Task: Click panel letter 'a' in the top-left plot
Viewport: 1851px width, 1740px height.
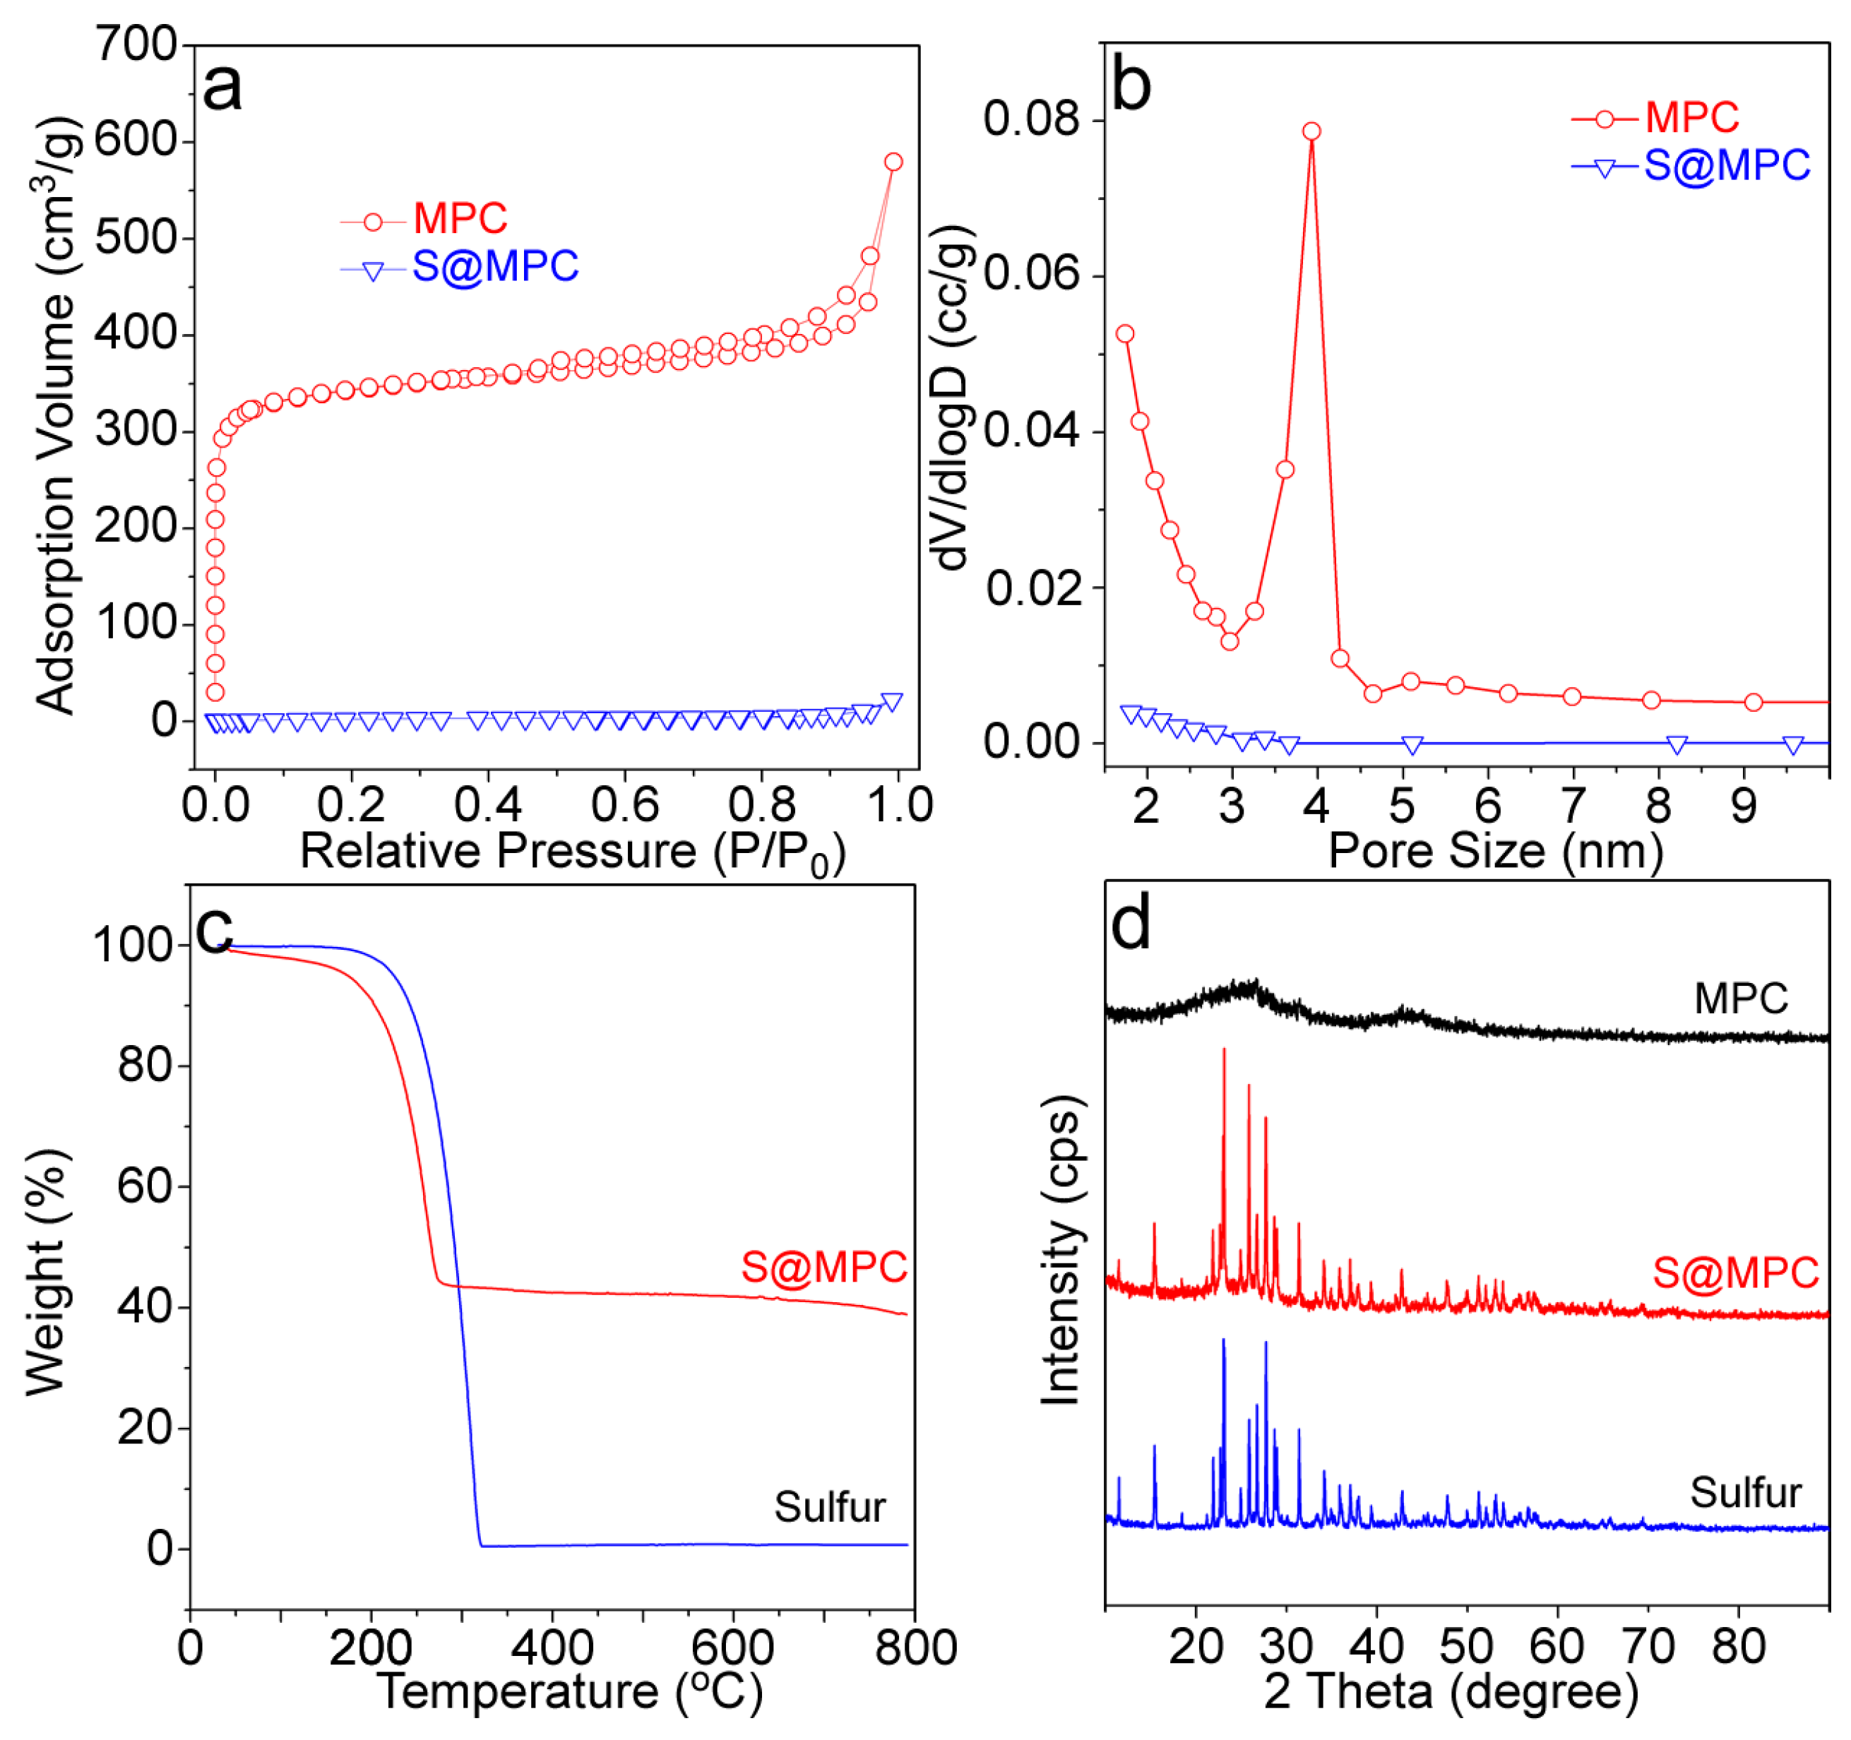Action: (x=222, y=88)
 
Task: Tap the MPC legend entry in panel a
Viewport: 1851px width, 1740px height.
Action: (x=460, y=220)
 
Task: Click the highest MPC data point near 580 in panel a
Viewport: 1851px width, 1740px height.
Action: (x=893, y=162)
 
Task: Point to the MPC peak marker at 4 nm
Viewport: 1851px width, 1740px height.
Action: (x=1312, y=131)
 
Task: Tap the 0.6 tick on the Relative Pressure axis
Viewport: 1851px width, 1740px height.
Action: (x=625, y=805)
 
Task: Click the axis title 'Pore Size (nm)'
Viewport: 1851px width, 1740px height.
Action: (x=1494, y=850)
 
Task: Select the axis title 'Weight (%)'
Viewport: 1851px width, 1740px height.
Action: (x=47, y=1272)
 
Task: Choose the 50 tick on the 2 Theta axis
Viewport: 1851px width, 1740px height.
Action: (x=1466, y=1647)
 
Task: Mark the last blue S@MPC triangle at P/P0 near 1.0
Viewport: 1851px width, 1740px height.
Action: (x=891, y=703)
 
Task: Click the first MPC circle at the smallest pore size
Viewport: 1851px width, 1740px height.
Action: (x=1125, y=333)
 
